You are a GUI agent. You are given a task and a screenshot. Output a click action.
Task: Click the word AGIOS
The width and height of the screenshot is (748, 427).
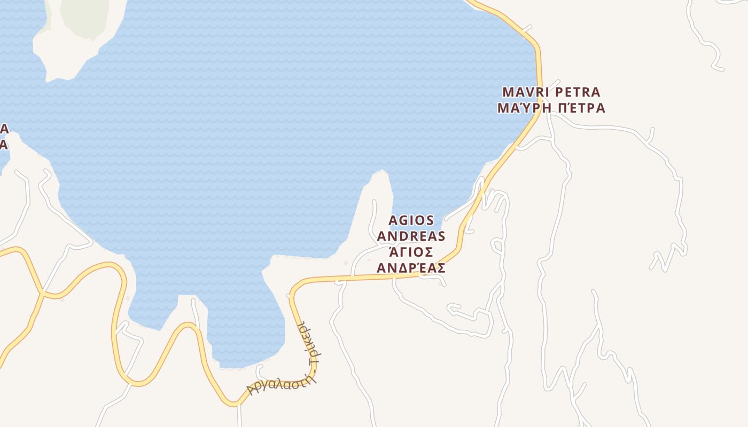411,220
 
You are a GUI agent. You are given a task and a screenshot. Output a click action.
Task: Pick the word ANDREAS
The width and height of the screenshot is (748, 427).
411,236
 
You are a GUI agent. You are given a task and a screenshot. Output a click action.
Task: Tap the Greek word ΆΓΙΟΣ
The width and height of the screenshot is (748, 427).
411,252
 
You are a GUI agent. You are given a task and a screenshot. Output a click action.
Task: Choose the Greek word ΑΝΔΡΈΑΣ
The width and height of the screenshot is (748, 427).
411,268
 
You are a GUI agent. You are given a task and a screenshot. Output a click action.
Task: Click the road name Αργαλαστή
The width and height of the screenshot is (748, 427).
276,382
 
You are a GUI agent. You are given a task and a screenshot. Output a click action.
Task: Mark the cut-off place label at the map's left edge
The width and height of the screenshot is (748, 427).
4,137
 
